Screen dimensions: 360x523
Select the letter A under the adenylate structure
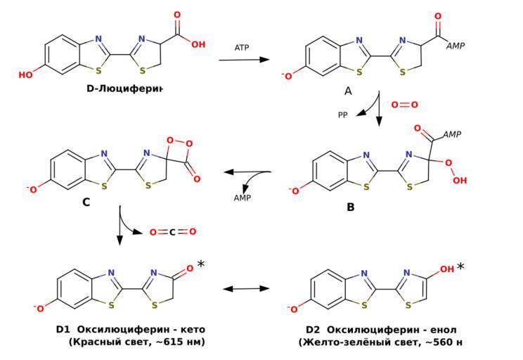click(348, 91)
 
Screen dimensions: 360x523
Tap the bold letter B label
click(350, 207)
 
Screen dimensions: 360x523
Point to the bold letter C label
click(86, 202)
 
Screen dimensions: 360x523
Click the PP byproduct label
click(342, 115)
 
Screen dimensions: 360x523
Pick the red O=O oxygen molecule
click(404, 105)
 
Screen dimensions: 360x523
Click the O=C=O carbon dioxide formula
click(173, 232)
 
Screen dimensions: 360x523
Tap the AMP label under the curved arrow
click(243, 198)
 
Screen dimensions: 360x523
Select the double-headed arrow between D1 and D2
click(246, 288)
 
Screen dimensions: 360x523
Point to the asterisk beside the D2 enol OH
click(460, 267)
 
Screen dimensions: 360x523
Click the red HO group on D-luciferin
click(26, 75)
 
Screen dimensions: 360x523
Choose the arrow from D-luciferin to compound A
click(244, 60)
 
